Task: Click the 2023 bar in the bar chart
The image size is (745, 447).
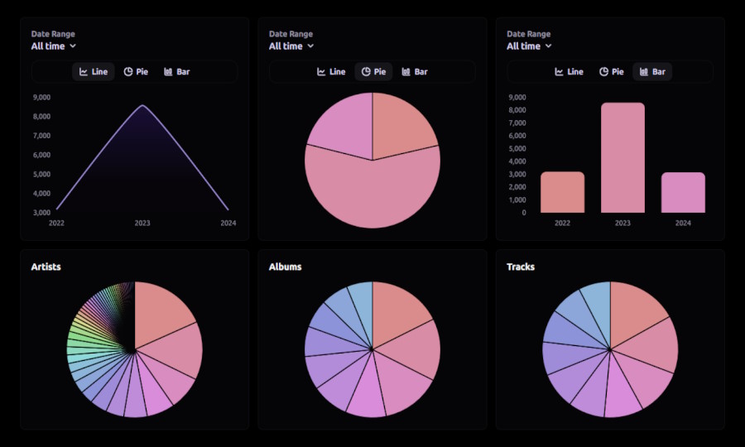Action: pyautogui.click(x=622, y=157)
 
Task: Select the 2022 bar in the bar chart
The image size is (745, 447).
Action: pyautogui.click(x=562, y=192)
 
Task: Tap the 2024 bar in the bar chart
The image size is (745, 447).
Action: pyautogui.click(x=683, y=192)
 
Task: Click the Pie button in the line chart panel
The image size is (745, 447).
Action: pyautogui.click(x=136, y=72)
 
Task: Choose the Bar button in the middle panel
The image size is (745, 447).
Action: pyautogui.click(x=415, y=72)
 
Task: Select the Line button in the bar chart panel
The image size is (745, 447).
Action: pyautogui.click(x=569, y=72)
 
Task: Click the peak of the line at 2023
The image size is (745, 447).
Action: pyautogui.click(x=142, y=106)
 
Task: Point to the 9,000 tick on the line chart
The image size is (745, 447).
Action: pyautogui.click(x=41, y=97)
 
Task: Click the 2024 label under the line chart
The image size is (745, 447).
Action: pyautogui.click(x=228, y=223)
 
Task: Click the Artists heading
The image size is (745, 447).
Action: pyautogui.click(x=46, y=267)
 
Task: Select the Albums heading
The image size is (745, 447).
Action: pyautogui.click(x=285, y=267)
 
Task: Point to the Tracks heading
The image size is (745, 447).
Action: pyautogui.click(x=521, y=267)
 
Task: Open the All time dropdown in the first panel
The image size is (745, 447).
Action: pyautogui.click(x=54, y=46)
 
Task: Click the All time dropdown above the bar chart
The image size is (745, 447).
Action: pyautogui.click(x=529, y=46)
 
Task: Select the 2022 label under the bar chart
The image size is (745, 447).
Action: pyautogui.click(x=562, y=223)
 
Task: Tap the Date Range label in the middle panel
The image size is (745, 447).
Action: pyautogui.click(x=291, y=34)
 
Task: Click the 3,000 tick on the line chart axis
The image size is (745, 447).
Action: pyautogui.click(x=41, y=213)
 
